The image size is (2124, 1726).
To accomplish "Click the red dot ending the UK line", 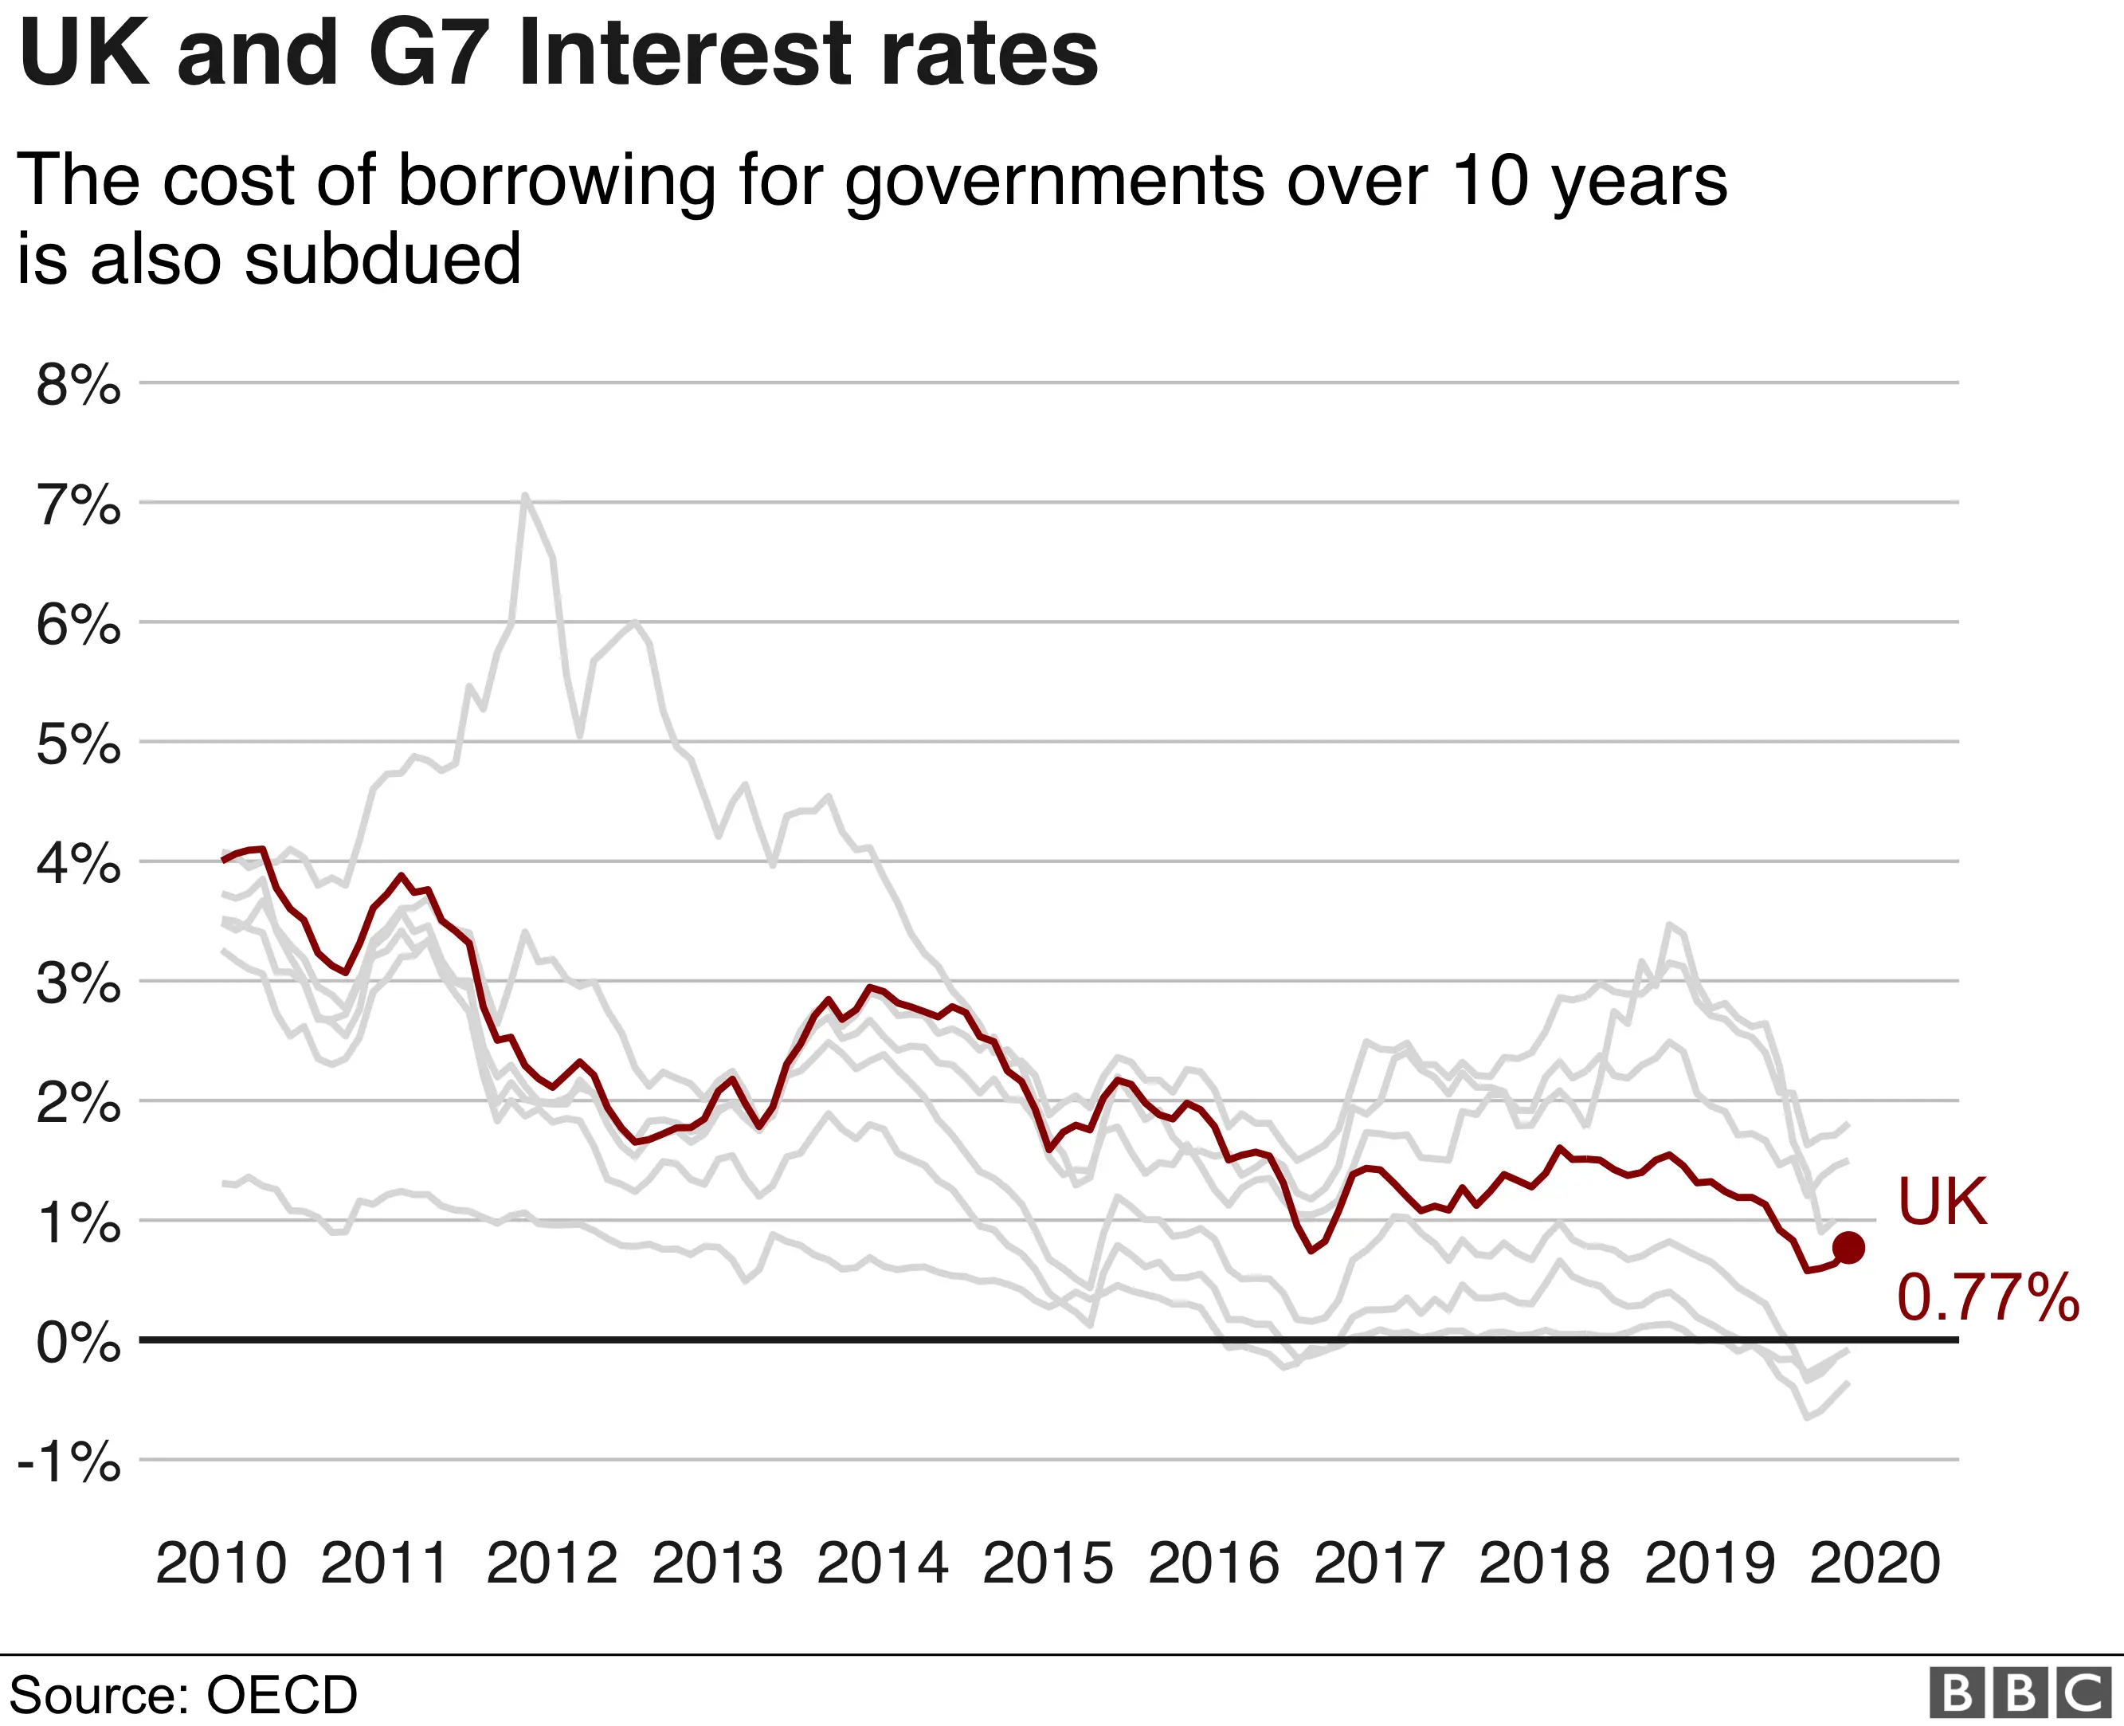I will pyautogui.click(x=1848, y=1247).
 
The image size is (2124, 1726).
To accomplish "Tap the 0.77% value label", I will pyautogui.click(x=1987, y=1297).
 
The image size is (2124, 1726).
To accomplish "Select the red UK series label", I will pyautogui.click(x=1941, y=1202).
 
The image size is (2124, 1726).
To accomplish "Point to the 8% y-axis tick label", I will pyautogui.click(x=77, y=384).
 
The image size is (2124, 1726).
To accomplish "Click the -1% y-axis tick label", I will pyautogui.click(x=69, y=1461).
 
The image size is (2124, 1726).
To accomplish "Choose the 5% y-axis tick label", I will pyautogui.click(x=77, y=743).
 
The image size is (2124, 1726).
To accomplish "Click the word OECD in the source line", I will pyautogui.click(x=281, y=1695).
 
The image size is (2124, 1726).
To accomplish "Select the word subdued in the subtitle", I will pyautogui.click(x=382, y=258).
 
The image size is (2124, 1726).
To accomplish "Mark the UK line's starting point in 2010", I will pyautogui.click(x=224, y=860).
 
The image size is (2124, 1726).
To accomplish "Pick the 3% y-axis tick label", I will pyautogui.click(x=77, y=983).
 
